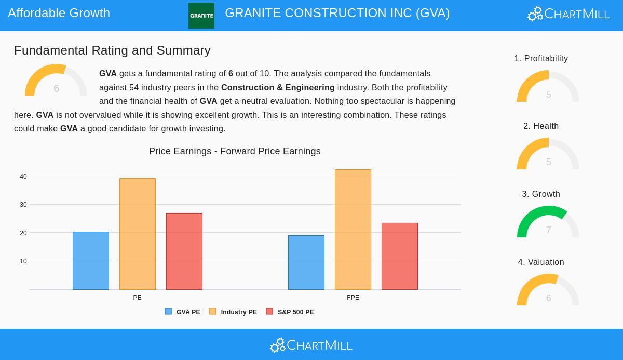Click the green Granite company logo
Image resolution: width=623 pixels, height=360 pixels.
201,16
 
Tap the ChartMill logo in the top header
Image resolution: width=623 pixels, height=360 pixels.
568,14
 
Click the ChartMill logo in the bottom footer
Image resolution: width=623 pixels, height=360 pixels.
311,345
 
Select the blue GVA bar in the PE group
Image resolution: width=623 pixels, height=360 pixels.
91,261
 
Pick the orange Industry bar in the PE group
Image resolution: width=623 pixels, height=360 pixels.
138,234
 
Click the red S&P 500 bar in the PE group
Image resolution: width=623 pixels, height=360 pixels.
184,251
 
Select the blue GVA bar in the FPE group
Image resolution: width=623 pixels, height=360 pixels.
306,262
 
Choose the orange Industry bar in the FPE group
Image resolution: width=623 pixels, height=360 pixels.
353,230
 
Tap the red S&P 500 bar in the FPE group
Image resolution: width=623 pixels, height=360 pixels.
400,256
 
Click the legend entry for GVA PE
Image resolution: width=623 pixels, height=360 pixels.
183,312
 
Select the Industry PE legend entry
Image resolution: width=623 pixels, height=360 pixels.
233,312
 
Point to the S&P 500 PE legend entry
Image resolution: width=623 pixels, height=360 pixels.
290,312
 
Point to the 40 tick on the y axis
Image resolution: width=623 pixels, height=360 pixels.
23,177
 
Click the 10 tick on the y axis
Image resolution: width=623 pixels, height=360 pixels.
23,261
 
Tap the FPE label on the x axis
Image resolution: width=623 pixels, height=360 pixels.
353,298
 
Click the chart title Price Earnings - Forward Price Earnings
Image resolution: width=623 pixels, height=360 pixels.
235,151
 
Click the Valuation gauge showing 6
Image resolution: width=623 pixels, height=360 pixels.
548,290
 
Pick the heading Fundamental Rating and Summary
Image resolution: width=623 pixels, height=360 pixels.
112,50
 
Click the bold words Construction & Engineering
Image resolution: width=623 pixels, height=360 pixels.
278,87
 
